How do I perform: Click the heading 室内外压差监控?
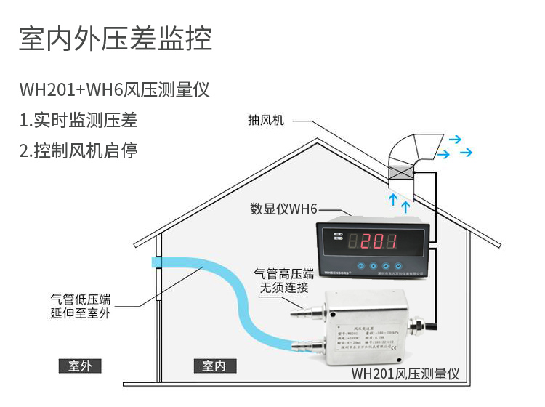pyautogui.click(x=116, y=40)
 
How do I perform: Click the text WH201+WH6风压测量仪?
pyautogui.click(x=115, y=91)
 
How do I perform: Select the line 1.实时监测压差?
pyautogui.click(x=78, y=121)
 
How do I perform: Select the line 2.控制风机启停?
pyautogui.click(x=78, y=151)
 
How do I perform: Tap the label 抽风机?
pyautogui.click(x=266, y=120)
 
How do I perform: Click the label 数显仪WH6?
pyautogui.click(x=283, y=209)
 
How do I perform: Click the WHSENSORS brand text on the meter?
pyautogui.click(x=336, y=273)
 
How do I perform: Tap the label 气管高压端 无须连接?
pyautogui.click(x=283, y=281)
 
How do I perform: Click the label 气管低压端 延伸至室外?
pyautogui.click(x=81, y=305)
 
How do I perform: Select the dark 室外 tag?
pyautogui.click(x=80, y=365)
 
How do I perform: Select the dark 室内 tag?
pyautogui.click(x=214, y=365)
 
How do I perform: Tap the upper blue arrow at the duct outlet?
pyautogui.click(x=455, y=138)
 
